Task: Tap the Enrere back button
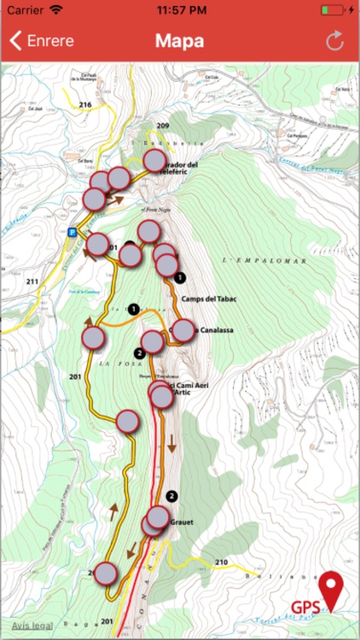pyautogui.click(x=42, y=41)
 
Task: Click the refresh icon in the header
pyautogui.click(x=334, y=41)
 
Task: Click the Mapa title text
pyautogui.click(x=180, y=41)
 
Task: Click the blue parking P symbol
pyautogui.click(x=73, y=231)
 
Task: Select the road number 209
pyautogui.click(x=163, y=125)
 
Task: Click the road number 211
pyautogui.click(x=32, y=281)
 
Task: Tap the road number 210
pyautogui.click(x=222, y=561)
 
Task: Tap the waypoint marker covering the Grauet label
pyautogui.click(x=158, y=517)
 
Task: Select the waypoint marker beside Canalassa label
pyautogui.click(x=183, y=330)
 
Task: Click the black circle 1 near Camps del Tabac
pyautogui.click(x=179, y=277)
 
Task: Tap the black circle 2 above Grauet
pyautogui.click(x=171, y=495)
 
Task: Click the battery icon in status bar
pyautogui.click(x=334, y=9)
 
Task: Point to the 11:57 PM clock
pyautogui.click(x=180, y=9)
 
